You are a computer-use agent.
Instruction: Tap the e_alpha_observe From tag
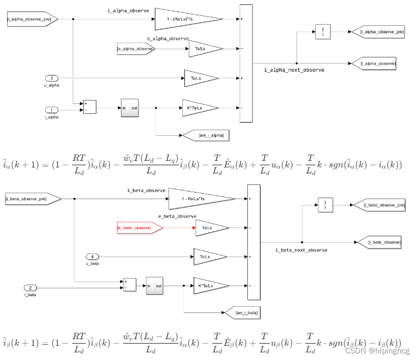coord(136,49)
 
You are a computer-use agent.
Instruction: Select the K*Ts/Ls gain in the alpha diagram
coord(197,108)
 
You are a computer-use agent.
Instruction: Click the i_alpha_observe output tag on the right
coord(377,63)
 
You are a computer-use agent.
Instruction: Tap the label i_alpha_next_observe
coord(294,70)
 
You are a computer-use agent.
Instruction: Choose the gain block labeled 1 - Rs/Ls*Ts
coord(197,199)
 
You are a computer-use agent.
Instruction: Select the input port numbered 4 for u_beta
coord(92,256)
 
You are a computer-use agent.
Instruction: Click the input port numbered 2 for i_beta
coord(31,288)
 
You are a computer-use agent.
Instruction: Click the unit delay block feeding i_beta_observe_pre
coord(326,206)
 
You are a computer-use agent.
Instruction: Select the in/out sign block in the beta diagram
coord(155,285)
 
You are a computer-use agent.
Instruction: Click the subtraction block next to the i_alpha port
coord(89,107)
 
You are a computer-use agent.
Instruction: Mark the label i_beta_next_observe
coord(301,250)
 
